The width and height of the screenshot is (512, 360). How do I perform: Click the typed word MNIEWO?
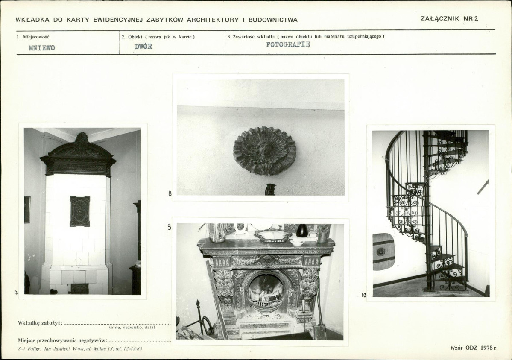41,48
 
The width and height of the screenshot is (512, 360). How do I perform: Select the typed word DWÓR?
143,47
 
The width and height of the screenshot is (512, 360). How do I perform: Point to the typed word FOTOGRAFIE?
288,44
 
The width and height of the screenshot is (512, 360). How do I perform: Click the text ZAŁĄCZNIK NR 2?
449,19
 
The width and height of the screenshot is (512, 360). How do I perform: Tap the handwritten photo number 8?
170,193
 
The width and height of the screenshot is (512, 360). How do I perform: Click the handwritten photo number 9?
169,227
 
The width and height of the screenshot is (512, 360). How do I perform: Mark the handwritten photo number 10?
364,296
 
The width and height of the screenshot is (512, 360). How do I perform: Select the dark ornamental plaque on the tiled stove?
80,211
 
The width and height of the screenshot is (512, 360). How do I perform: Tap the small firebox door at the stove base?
80,288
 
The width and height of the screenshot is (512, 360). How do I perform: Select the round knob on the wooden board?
380,252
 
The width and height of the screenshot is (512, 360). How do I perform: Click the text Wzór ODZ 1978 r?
474,348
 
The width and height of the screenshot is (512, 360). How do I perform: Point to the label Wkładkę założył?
40,323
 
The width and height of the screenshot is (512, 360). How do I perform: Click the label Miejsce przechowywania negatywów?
62,341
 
